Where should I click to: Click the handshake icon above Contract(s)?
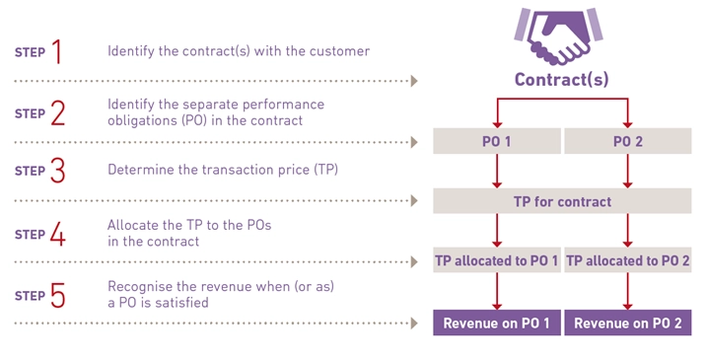(561, 36)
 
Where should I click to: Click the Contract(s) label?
(561, 80)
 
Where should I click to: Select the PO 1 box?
(497, 142)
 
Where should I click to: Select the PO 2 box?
(627, 142)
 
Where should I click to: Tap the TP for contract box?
(562, 201)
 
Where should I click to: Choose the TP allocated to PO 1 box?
(497, 261)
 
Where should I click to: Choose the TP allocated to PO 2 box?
(627, 261)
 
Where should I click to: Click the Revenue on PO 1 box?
(497, 323)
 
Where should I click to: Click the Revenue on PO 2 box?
(627, 323)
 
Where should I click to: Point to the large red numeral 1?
(56, 50)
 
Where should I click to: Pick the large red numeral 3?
(57, 171)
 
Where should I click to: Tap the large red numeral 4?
(57, 234)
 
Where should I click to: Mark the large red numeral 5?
(57, 294)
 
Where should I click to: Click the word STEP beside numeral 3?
(29, 173)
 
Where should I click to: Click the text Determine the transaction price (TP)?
(222, 170)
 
